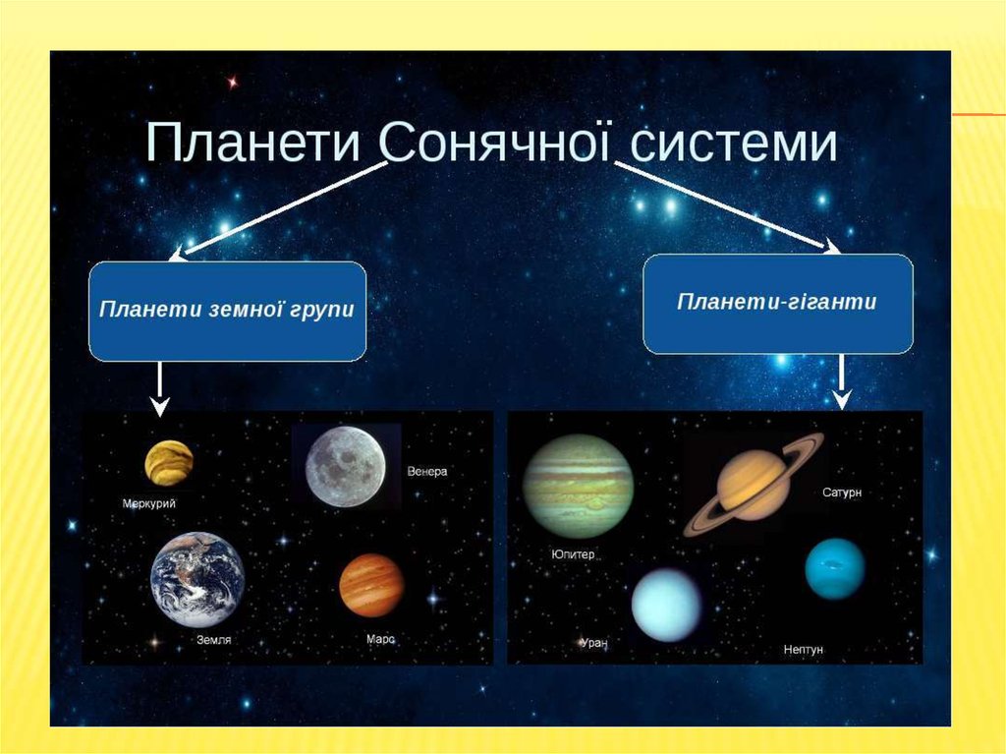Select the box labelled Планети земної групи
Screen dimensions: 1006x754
(x=227, y=312)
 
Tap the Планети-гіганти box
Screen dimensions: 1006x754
(x=778, y=304)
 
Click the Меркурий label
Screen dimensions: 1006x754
(x=149, y=503)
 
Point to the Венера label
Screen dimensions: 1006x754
(x=427, y=472)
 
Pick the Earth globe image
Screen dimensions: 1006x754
(x=197, y=579)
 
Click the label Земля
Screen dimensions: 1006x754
(x=213, y=640)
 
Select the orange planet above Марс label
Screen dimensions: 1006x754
(x=371, y=585)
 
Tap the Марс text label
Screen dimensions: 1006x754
(x=380, y=639)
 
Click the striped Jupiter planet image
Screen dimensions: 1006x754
(x=578, y=487)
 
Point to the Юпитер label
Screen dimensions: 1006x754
(x=574, y=554)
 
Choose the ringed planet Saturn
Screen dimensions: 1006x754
(x=754, y=485)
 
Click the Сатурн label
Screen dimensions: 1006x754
(x=842, y=493)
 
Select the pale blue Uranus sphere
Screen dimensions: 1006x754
(x=667, y=605)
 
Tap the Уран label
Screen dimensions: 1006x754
(x=594, y=642)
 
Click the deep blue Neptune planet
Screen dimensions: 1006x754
(x=835, y=569)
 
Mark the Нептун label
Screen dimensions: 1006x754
(x=804, y=650)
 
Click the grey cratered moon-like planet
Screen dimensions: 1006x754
(x=346, y=467)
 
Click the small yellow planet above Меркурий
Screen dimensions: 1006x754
(x=169, y=462)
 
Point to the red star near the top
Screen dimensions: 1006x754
(x=232, y=83)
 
